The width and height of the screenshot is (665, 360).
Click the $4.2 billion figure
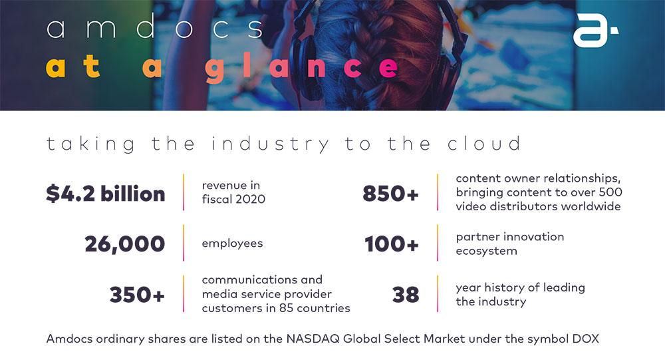pos(106,194)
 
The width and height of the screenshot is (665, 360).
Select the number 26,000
pos(125,244)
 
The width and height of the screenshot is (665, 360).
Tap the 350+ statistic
pos(137,294)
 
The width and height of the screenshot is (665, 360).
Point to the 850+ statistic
pos(390,194)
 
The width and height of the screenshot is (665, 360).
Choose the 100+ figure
pos(392,244)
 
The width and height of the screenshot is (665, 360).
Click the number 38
pos(406,294)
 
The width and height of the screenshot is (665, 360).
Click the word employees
pos(232,244)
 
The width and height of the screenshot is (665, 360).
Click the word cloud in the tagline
pos(484,144)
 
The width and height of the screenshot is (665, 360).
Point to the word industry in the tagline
pos(270,144)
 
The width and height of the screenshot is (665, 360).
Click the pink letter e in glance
pos(388,69)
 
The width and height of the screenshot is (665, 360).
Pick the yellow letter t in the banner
pos(92,67)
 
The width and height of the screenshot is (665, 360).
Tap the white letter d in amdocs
pos(146,26)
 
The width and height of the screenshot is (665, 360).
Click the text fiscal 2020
pos(233,199)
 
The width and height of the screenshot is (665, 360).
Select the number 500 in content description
pos(610,192)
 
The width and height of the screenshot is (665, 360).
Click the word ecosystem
pos(487,252)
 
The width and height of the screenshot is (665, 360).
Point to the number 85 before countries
pos(286,308)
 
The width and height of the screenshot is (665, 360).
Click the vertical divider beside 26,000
pos(184,243)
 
